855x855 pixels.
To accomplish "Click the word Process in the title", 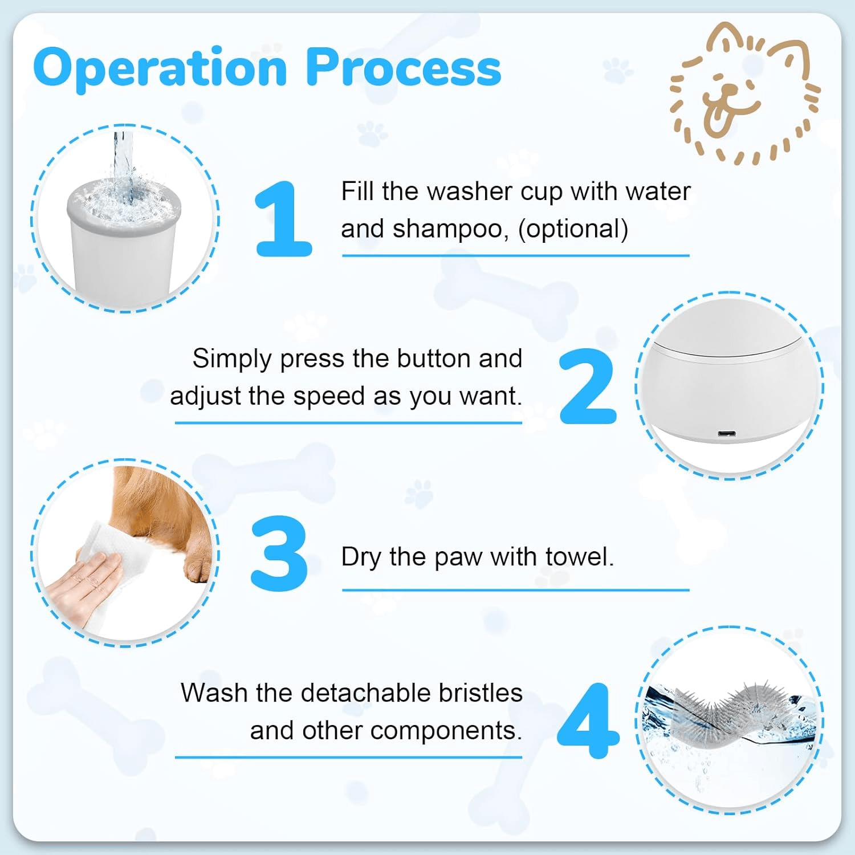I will (403, 67).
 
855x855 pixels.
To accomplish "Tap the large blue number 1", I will (283, 219).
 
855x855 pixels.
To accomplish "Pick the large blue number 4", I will (588, 721).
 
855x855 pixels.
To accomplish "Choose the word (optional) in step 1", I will (573, 229).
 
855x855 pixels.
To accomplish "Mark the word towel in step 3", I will (579, 557).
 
